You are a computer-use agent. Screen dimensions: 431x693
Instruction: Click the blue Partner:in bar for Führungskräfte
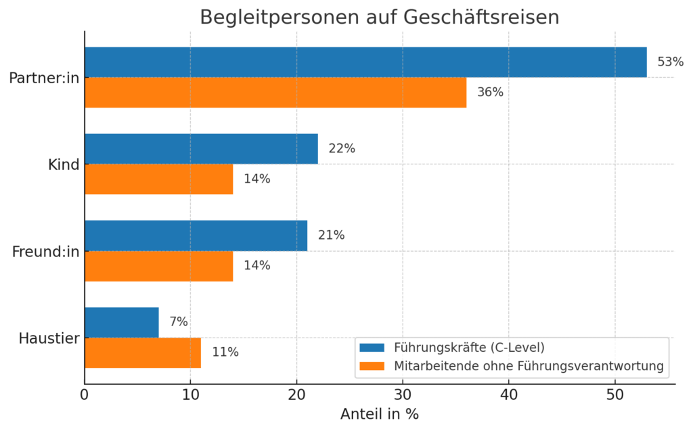pyautogui.click(x=365, y=62)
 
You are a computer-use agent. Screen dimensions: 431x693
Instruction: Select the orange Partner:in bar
pyautogui.click(x=275, y=92)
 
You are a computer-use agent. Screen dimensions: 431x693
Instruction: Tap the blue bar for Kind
pyautogui.click(x=201, y=149)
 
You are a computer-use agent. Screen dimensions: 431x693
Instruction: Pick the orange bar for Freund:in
pyautogui.click(x=158, y=266)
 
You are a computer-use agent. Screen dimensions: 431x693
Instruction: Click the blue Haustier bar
pyautogui.click(x=122, y=323)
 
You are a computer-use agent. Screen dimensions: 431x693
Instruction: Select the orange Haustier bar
pyautogui.click(x=143, y=353)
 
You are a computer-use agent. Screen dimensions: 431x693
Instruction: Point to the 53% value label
pyautogui.click(x=671, y=62)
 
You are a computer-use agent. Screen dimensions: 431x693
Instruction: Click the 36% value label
pyautogui.click(x=490, y=92)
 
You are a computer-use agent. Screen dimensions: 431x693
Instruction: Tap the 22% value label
pyautogui.click(x=342, y=149)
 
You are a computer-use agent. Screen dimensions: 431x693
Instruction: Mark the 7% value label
pyautogui.click(x=179, y=323)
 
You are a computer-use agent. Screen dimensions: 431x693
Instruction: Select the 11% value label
pyautogui.click(x=225, y=353)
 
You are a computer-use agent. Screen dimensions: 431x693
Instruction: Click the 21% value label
pyautogui.click(x=331, y=235)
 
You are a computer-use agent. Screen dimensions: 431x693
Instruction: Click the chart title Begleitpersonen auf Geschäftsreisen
pyautogui.click(x=379, y=17)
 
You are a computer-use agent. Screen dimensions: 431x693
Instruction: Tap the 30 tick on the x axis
pyautogui.click(x=403, y=394)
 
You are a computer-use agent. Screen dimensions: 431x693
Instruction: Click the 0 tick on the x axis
pyautogui.click(x=85, y=394)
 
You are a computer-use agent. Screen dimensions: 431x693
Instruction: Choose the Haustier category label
pyautogui.click(x=49, y=338)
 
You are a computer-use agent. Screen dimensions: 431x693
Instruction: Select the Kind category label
pyautogui.click(x=65, y=164)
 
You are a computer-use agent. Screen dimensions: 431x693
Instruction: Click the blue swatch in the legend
pyautogui.click(x=372, y=348)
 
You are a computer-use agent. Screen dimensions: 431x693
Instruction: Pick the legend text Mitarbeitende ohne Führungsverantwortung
pyautogui.click(x=529, y=367)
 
